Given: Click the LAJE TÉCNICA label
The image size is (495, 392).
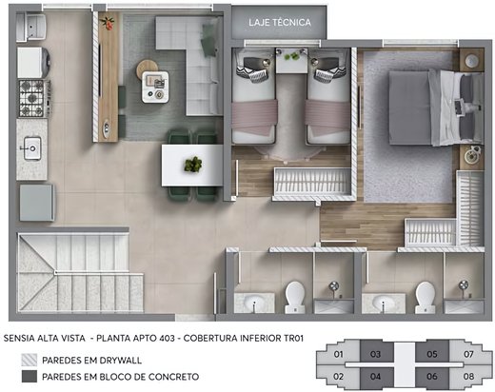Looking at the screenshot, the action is (x=280, y=23).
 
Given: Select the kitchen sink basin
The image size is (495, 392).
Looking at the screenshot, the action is (x=32, y=148).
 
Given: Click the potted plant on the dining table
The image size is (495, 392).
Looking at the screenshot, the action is (x=193, y=165).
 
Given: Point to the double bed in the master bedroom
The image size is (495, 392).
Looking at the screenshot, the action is (x=436, y=108).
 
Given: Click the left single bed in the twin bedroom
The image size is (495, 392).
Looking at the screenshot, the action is (x=254, y=96).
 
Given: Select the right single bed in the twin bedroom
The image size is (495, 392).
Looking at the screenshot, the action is (x=328, y=96).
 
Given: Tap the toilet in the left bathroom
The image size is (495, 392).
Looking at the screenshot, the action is (x=295, y=298).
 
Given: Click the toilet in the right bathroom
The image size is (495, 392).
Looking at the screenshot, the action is (x=425, y=298).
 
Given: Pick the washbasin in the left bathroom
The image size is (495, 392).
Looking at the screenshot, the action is (x=254, y=303).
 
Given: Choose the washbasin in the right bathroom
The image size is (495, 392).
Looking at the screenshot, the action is (x=384, y=303).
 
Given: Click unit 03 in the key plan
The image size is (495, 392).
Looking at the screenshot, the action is (x=375, y=354).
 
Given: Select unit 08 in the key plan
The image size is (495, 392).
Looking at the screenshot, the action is (x=468, y=377).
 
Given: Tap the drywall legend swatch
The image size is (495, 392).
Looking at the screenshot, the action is (x=30, y=360).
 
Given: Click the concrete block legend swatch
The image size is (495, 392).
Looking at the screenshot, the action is (x=30, y=377).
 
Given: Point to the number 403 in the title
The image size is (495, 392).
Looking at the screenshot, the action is (x=167, y=338).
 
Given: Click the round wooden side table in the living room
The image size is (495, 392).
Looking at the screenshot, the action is (x=147, y=69).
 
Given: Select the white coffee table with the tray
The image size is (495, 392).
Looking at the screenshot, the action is (x=155, y=87).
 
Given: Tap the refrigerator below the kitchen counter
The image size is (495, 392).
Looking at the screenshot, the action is (x=36, y=203).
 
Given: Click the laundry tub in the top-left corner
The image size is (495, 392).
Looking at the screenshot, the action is (x=31, y=27).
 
